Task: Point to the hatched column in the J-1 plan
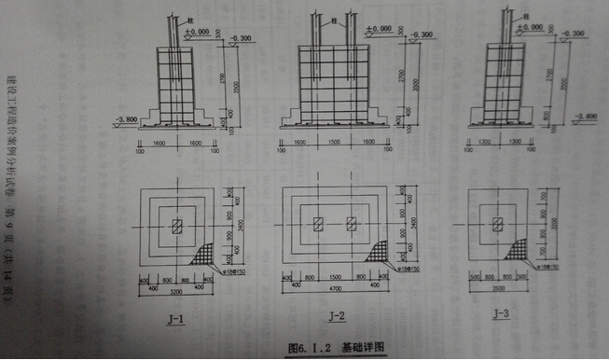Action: pyautogui.click(x=176, y=225)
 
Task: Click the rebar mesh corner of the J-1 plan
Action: pyautogui.click(x=204, y=254)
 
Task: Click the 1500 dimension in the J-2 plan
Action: pyautogui.click(x=334, y=279)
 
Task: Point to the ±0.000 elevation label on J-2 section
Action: pyautogui.click(x=379, y=29)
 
